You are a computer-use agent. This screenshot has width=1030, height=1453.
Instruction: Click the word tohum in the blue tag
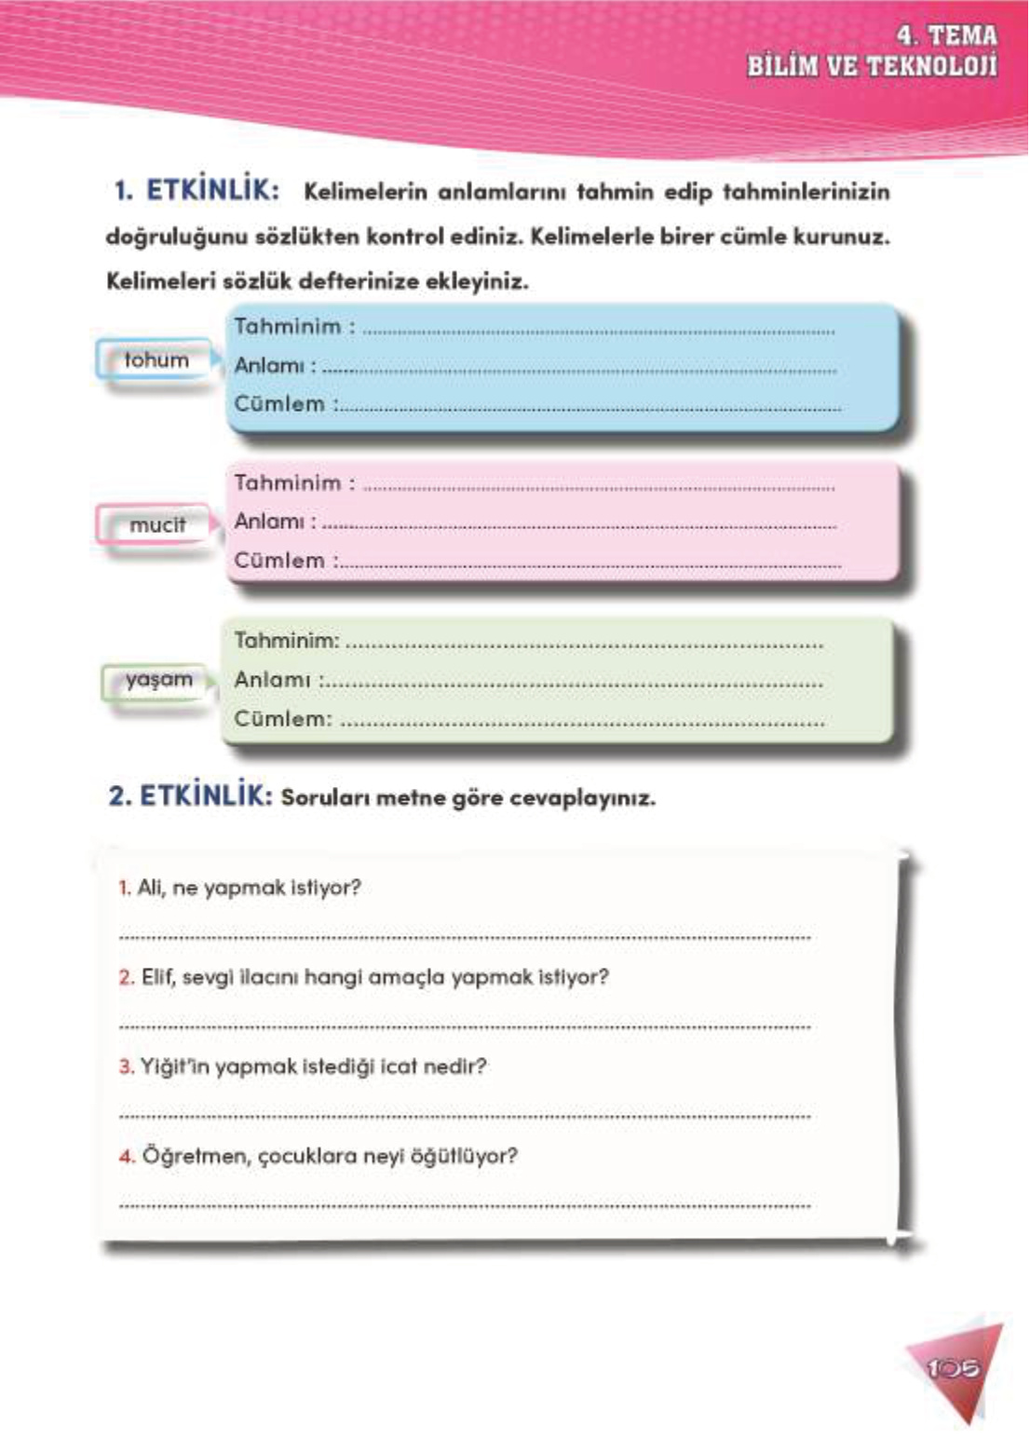click(156, 360)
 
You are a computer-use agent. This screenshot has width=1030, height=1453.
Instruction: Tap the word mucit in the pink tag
click(157, 525)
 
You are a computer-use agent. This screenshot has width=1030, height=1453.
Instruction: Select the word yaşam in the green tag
click(159, 680)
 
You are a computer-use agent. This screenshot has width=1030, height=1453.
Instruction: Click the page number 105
click(954, 1368)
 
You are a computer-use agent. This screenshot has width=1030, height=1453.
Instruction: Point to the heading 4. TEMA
click(946, 35)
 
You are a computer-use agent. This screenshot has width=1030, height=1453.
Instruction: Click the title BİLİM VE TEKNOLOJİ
click(872, 67)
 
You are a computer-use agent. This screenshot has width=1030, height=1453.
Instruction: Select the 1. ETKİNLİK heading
click(196, 191)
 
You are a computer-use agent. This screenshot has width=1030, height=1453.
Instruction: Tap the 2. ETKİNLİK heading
click(190, 796)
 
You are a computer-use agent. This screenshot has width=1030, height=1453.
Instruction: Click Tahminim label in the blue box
click(288, 327)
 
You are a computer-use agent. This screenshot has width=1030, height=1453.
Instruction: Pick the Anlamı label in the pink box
click(269, 522)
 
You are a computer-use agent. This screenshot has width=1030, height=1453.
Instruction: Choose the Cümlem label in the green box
click(280, 719)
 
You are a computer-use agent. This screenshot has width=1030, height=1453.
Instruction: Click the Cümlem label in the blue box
click(279, 404)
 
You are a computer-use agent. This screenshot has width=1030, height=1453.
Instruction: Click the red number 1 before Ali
click(124, 888)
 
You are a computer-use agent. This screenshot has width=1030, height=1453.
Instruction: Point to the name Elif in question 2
click(157, 977)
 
